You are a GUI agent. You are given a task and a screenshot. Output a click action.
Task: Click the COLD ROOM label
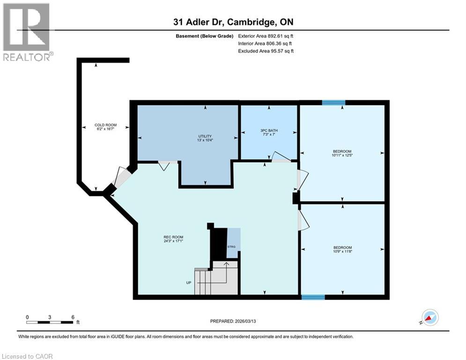point(105,125)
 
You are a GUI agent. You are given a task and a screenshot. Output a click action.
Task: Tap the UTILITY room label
point(205,136)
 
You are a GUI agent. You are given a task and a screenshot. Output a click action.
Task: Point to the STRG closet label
point(231,246)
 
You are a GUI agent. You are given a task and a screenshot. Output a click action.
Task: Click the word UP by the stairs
point(189,283)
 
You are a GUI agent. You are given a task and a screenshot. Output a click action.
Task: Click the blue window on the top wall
point(333,103)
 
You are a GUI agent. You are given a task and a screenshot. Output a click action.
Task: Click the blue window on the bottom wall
point(313,297)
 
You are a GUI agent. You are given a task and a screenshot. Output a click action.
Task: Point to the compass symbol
point(429,317)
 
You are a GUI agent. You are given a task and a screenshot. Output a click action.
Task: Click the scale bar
point(50,322)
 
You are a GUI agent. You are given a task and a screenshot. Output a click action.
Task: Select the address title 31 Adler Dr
point(233,22)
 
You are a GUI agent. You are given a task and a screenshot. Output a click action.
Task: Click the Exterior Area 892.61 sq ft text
point(266,36)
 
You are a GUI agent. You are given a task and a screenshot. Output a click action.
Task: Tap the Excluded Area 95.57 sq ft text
point(266,51)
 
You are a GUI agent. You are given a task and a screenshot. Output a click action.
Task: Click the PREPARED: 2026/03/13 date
point(233,321)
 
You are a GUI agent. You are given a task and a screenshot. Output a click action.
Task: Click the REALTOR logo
point(26,32)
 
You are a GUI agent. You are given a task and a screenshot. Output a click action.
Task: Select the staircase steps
point(216,281)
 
